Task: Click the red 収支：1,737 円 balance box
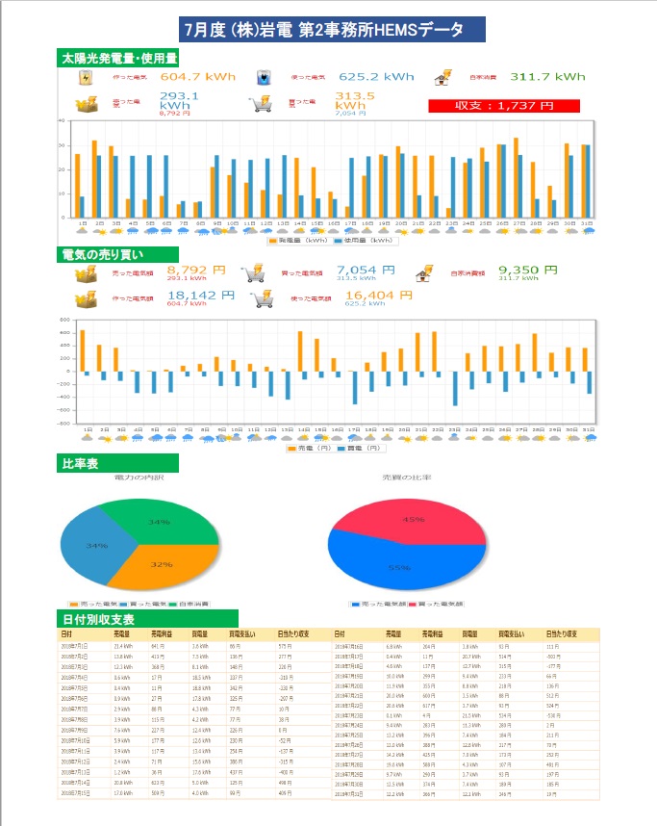[x=504, y=106]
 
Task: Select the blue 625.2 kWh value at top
[x=376, y=76]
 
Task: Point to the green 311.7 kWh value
[x=546, y=76]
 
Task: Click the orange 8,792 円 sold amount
[x=196, y=271]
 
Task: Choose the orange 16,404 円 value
[x=369, y=296]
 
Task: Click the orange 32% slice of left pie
[x=157, y=563]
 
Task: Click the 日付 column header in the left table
[x=66, y=634]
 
